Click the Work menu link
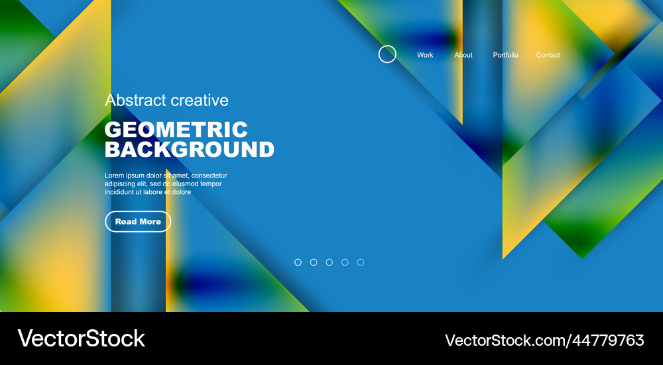pyautogui.click(x=425, y=55)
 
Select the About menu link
pyautogui.click(x=463, y=55)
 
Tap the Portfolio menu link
pyautogui.click(x=505, y=55)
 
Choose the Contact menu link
pyautogui.click(x=548, y=55)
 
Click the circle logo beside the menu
pyautogui.click(x=387, y=54)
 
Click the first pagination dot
pyautogui.click(x=298, y=262)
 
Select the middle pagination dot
pyautogui.click(x=330, y=262)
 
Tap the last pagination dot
pyautogui.click(x=361, y=262)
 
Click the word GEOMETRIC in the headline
pyautogui.click(x=176, y=129)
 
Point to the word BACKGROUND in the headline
pyautogui.click(x=190, y=149)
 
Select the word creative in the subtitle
pyautogui.click(x=200, y=100)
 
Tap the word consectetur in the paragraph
pyautogui.click(x=209, y=176)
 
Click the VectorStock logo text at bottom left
pyautogui.click(x=81, y=339)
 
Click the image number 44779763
pyautogui.click(x=603, y=340)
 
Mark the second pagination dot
pyautogui.click(x=314, y=262)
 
